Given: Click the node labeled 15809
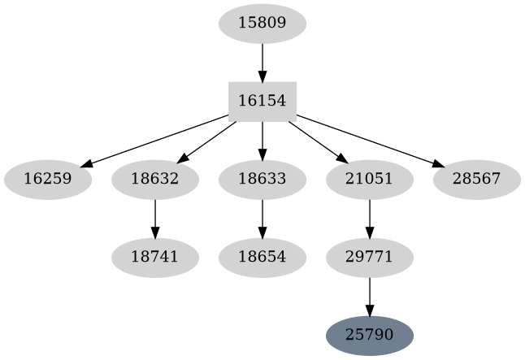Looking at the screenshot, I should click(262, 24).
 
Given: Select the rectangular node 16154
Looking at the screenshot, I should click(262, 102).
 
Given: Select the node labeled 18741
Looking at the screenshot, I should click(154, 258).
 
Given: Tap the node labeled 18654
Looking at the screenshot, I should click(262, 258).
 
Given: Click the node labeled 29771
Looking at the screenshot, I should click(369, 258).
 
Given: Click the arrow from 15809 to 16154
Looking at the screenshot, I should click(262, 63).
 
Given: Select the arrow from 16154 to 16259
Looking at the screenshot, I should click(154, 141).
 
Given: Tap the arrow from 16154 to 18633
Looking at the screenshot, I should click(262, 141).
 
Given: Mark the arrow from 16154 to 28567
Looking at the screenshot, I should click(370, 141).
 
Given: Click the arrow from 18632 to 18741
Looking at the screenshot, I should click(154, 219).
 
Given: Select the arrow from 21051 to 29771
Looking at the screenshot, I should click(369, 219).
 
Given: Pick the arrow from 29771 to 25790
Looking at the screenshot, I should click(369, 297).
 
